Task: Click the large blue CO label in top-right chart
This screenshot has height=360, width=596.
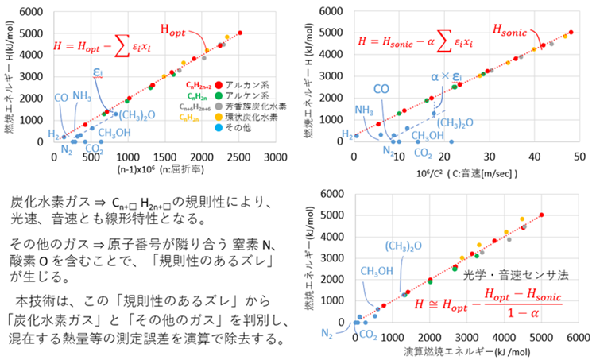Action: [x=381, y=89]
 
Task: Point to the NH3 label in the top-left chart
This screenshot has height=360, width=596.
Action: [x=82, y=96]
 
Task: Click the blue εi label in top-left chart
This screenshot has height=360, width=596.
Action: [x=98, y=72]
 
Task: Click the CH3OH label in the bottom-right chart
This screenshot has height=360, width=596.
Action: [x=380, y=272]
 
